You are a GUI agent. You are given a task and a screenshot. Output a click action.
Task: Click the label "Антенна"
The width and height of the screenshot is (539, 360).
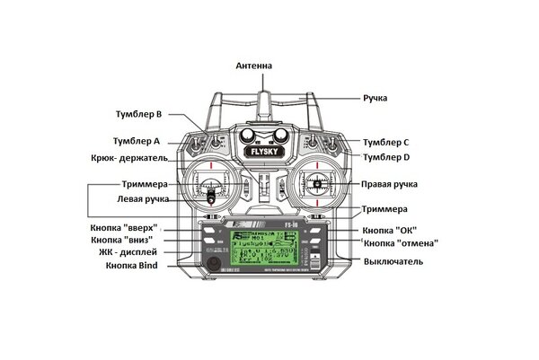pos(253,66)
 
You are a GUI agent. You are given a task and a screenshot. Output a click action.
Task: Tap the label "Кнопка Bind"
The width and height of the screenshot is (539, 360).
pos(132,266)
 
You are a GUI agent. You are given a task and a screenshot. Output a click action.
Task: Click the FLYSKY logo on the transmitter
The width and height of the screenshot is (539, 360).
pos(263,152)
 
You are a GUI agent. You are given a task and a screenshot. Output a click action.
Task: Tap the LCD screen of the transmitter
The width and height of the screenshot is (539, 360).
pos(265,248)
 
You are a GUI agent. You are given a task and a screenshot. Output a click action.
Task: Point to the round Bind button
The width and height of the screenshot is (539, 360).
pos(214,264)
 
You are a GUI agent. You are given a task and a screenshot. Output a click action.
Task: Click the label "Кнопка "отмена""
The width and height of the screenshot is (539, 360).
pos(401,243)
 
